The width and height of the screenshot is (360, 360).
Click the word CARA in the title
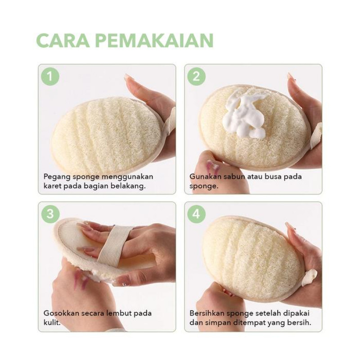tap(63, 40)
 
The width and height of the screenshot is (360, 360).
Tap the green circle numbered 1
tap(50, 76)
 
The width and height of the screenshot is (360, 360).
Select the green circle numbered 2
tap(196, 76)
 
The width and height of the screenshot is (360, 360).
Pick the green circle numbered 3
tap(50, 214)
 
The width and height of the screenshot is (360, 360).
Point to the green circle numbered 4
tap(196, 214)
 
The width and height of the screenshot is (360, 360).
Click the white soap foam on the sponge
tap(243, 114)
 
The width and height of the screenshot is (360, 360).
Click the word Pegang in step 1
tap(57, 177)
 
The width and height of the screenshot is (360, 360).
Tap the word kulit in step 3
tap(52, 323)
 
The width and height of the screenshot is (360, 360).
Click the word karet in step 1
tap(52, 186)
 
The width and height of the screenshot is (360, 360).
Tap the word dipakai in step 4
tap(296, 314)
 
